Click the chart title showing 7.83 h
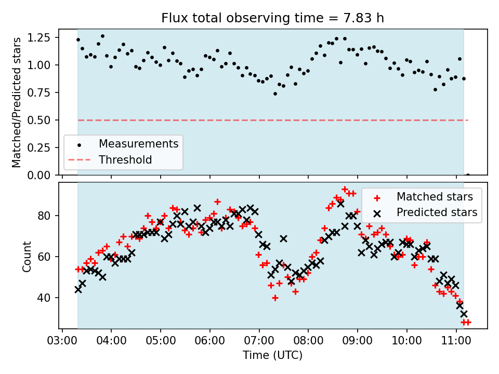click(272, 18)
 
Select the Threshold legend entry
click(110, 159)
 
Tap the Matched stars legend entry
click(423, 197)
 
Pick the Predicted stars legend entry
click(425, 212)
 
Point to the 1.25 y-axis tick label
click(39, 37)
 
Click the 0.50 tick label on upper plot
click(39, 120)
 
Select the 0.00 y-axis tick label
click(39, 175)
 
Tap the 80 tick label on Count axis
click(44, 216)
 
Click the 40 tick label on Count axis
click(44, 298)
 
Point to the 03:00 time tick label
click(62, 341)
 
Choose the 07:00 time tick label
click(259, 341)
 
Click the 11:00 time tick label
click(456, 341)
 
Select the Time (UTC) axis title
click(272, 355)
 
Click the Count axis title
click(27, 256)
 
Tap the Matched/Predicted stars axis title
click(16, 102)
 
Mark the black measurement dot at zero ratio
click(468, 175)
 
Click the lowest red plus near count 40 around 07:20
click(275, 298)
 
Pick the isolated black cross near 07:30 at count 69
click(284, 238)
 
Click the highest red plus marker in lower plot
click(345, 190)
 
